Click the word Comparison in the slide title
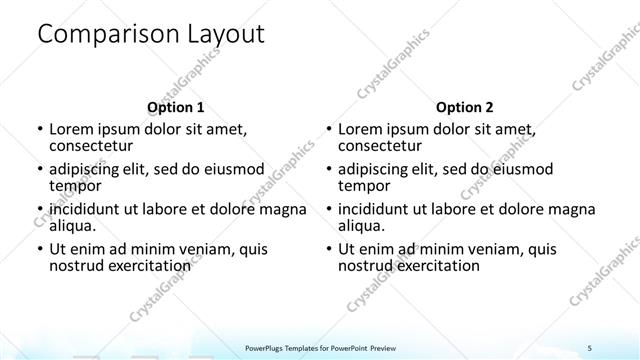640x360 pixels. coord(99,35)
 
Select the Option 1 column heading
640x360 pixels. coord(175,107)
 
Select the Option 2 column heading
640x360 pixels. coord(465,107)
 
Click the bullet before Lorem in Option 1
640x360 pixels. coord(39,130)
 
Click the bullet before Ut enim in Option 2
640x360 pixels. coord(329,250)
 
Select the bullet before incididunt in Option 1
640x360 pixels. coord(39,210)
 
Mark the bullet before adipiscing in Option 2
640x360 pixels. coord(329,170)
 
